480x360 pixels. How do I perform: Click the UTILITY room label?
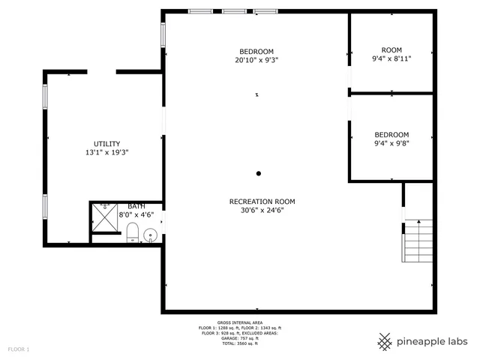coord(106,144)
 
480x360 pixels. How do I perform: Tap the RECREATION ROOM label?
coord(262,201)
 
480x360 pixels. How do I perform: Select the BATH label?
coord(136,206)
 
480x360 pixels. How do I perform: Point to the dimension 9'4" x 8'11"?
coord(391,57)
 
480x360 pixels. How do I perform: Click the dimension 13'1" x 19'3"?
coord(106,153)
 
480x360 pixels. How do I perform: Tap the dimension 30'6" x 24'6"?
coord(262,210)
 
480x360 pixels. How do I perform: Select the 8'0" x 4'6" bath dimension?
coord(136,214)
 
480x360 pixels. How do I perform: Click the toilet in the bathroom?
coord(133,233)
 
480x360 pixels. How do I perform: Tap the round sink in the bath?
coord(149,235)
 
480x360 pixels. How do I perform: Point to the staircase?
coord(418,241)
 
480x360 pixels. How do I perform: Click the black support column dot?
coord(258,173)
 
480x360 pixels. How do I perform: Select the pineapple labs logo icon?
coord(385,341)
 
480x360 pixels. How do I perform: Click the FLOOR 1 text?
coord(19,349)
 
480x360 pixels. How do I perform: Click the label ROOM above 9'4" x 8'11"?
coord(391,49)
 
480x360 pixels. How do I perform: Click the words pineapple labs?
coord(433,342)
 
